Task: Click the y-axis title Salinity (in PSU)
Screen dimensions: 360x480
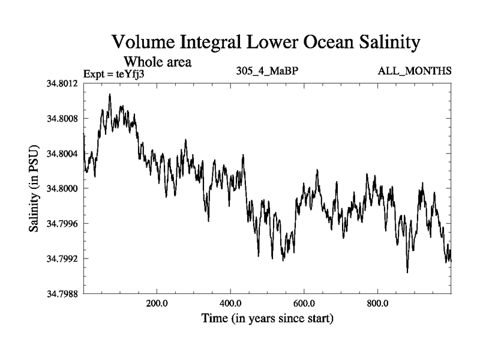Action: (x=35, y=188)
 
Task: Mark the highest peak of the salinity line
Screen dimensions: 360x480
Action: (x=110, y=94)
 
